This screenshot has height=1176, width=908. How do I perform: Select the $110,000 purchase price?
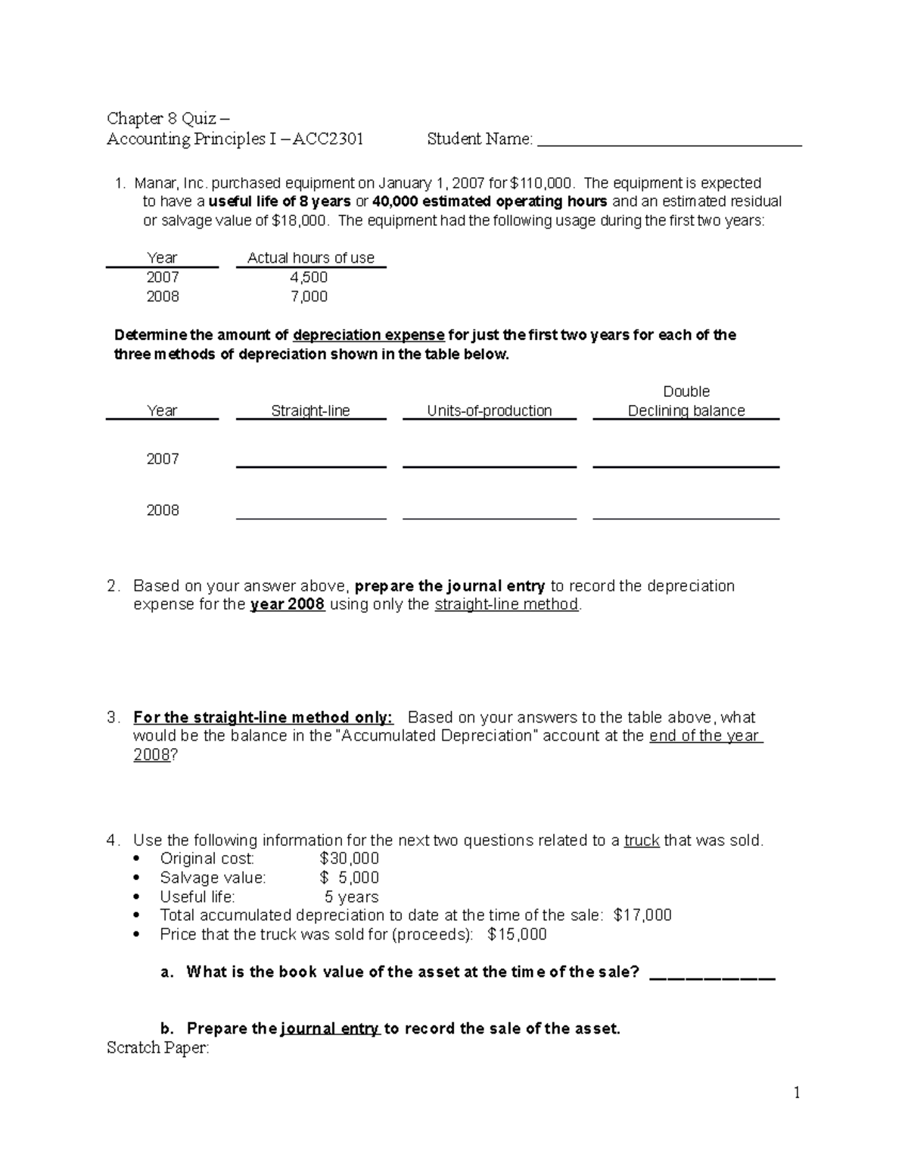(541, 183)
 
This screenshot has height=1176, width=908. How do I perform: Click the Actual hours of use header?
(311, 258)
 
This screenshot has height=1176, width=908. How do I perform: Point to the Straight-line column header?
(310, 411)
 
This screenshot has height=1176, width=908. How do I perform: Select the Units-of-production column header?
(489, 411)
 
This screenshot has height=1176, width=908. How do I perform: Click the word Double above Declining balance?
(686, 391)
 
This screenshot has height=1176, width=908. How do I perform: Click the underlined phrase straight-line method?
(506, 605)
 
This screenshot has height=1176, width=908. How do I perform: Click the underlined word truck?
(641, 841)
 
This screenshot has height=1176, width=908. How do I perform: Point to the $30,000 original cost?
(349, 859)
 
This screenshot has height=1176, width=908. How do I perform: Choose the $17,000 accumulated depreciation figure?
(642, 916)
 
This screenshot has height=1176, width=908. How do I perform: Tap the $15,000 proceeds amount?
(518, 934)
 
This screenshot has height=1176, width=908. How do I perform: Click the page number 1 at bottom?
(797, 1093)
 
